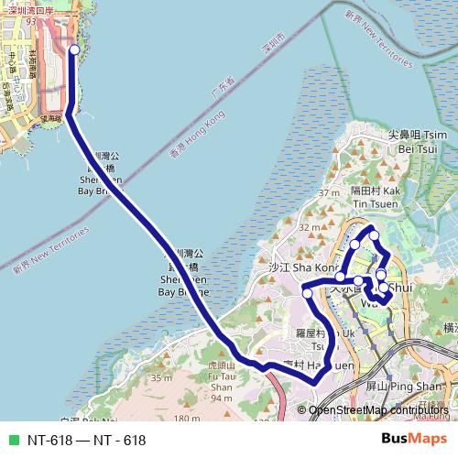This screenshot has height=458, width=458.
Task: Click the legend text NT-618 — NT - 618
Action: pos(86,440)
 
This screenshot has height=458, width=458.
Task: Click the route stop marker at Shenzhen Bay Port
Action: pos(74,51)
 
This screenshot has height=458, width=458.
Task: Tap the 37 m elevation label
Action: pos(327,193)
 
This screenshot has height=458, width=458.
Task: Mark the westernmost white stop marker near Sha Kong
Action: pos(308,293)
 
